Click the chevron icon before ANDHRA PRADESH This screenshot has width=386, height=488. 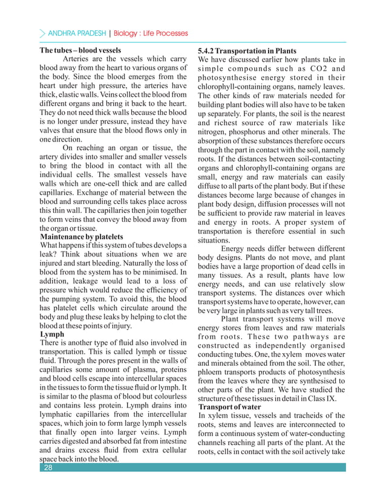(x=41, y=33)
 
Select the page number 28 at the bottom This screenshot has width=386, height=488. (x=48, y=467)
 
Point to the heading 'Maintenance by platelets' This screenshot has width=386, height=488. (x=81, y=236)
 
